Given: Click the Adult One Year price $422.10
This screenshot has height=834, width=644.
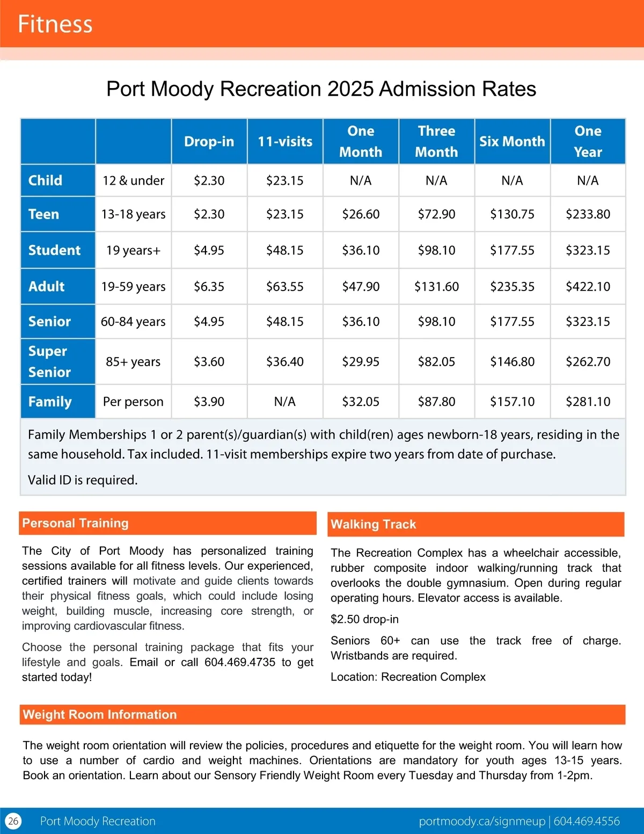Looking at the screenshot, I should (588, 287).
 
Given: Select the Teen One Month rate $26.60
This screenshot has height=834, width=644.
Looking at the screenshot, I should (361, 214).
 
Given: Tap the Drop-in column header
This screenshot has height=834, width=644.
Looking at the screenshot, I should (209, 142).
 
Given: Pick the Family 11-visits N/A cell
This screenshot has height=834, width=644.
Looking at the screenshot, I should (284, 402).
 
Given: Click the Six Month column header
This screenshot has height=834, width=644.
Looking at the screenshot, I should (512, 142).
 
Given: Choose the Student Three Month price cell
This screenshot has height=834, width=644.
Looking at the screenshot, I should (436, 250).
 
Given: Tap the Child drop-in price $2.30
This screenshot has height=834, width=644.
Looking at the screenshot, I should (209, 181).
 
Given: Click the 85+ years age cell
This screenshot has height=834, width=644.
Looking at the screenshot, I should (133, 362).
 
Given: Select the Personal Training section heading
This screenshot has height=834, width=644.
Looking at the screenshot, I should (76, 523).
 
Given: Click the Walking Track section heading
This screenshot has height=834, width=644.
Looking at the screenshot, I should (374, 524).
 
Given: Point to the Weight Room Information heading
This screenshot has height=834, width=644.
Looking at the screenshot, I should (100, 715).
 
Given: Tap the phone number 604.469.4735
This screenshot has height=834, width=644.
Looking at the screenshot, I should (239, 662).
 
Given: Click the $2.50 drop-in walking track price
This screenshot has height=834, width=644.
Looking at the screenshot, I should (364, 619).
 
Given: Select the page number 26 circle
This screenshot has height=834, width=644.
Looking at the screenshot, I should (13, 821).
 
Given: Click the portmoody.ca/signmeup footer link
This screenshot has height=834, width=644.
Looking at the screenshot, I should (481, 821).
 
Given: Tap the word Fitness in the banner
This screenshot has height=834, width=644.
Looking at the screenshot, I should (55, 24).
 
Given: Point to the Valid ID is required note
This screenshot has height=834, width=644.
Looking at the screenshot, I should (83, 480).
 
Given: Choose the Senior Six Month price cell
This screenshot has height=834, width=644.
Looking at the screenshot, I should (512, 322).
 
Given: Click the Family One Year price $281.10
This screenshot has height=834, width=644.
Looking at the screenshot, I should (588, 402).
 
